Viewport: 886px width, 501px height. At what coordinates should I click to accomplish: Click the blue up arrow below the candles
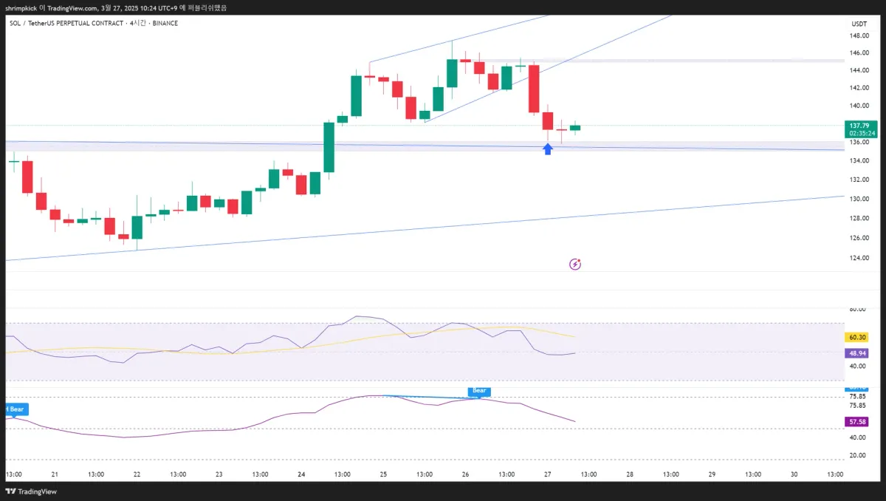point(548,149)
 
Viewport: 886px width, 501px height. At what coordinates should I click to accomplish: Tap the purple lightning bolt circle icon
point(575,264)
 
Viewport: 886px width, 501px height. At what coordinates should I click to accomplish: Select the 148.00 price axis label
point(858,35)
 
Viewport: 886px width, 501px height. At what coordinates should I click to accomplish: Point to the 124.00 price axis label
point(858,258)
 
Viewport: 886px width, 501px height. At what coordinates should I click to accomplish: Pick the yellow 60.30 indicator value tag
point(857,337)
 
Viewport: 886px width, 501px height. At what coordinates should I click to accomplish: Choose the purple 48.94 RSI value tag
point(857,353)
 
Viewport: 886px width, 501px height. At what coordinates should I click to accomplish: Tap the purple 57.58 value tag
point(857,422)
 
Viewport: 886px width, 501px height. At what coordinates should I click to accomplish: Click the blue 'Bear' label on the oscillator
point(479,390)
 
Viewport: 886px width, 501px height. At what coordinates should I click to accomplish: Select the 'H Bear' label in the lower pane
point(14,409)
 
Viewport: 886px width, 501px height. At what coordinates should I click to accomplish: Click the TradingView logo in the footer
point(32,491)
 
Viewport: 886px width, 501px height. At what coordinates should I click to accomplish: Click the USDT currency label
point(859,24)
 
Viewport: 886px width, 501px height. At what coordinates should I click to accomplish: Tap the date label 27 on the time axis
point(547,474)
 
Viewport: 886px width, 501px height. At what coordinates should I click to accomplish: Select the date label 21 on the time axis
point(55,474)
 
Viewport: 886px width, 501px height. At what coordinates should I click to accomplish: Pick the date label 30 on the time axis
point(794,474)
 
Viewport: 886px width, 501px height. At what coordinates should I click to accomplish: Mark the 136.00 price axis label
point(858,141)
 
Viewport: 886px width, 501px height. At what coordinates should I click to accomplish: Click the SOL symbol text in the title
point(15,23)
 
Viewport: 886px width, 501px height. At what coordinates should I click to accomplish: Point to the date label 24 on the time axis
point(301,474)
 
